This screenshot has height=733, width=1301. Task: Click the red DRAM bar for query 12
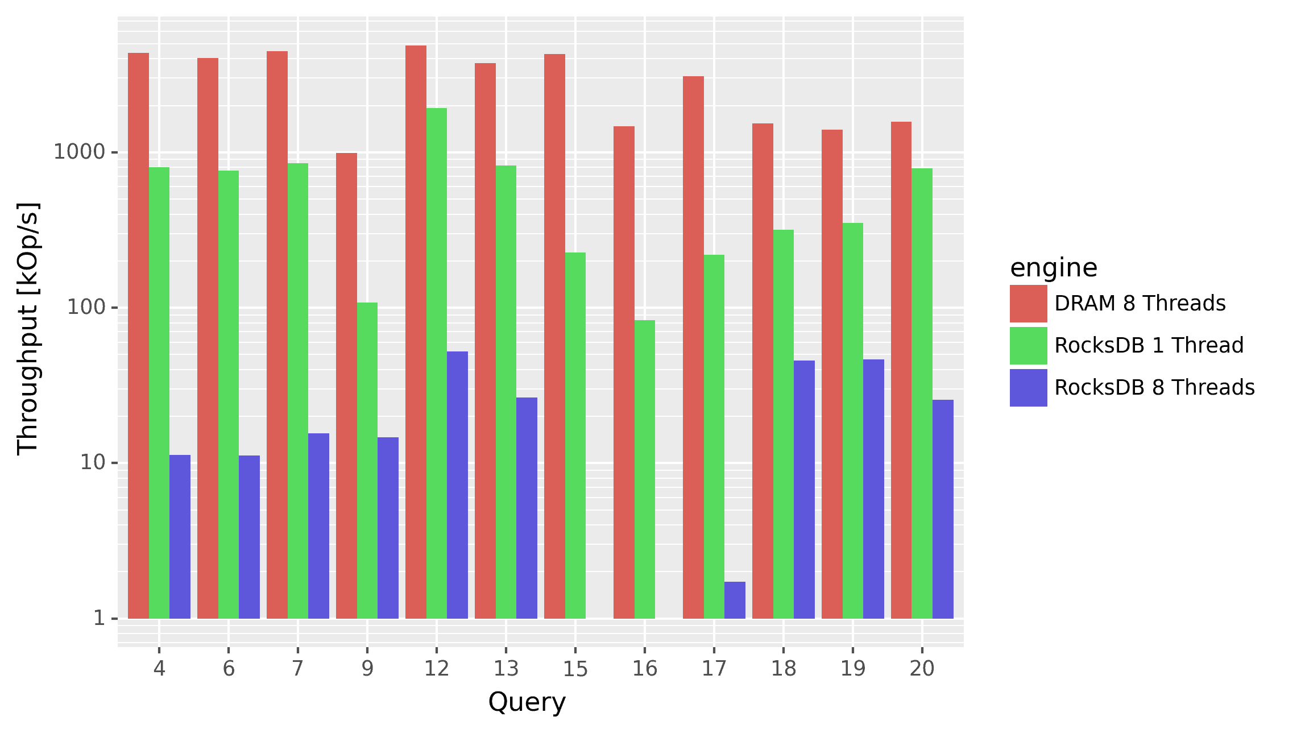pyautogui.click(x=416, y=332)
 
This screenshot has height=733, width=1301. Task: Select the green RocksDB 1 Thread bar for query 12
pyautogui.click(x=437, y=363)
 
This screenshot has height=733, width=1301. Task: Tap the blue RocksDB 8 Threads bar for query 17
pyautogui.click(x=735, y=600)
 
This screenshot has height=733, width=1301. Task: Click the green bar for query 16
pyautogui.click(x=645, y=469)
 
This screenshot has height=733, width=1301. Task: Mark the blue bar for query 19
pyautogui.click(x=873, y=488)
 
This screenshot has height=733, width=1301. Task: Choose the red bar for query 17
pyautogui.click(x=693, y=347)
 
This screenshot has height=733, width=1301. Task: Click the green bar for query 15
pyautogui.click(x=575, y=436)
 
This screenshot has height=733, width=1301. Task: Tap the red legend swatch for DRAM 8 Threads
pyautogui.click(x=1028, y=304)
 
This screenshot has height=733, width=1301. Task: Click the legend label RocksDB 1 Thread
pyautogui.click(x=1149, y=346)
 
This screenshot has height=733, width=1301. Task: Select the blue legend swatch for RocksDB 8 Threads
pyautogui.click(x=1028, y=388)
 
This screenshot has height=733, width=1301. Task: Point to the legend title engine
pyautogui.click(x=1054, y=268)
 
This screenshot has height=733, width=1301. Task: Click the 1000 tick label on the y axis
pyautogui.click(x=80, y=152)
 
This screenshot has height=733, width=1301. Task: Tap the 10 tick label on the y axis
pyautogui.click(x=93, y=462)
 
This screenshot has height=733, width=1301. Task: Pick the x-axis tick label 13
pyautogui.click(x=506, y=669)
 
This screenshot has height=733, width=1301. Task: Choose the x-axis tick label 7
pyautogui.click(x=297, y=669)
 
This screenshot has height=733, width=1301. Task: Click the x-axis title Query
pyautogui.click(x=527, y=702)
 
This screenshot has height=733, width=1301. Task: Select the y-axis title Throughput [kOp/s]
pyautogui.click(x=27, y=329)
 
